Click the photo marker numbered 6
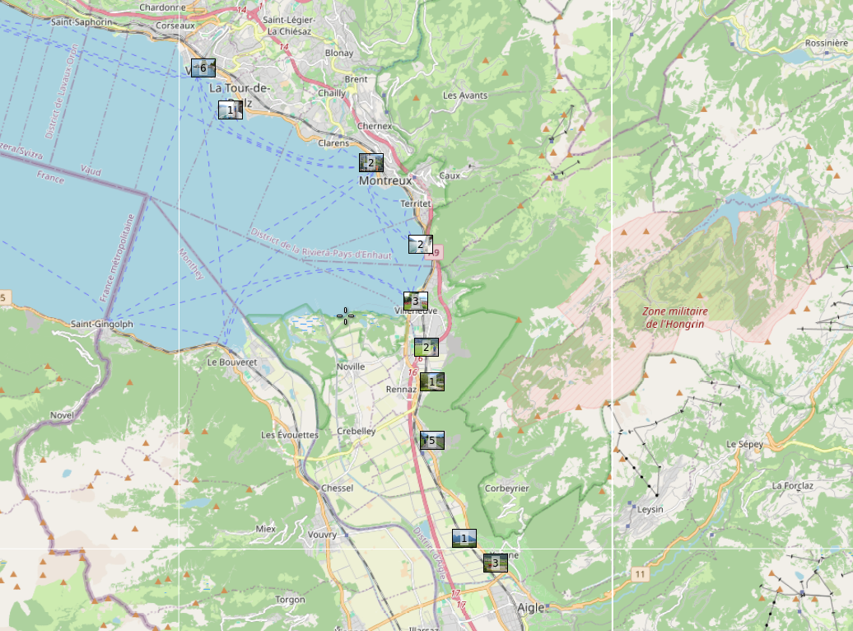[x=203, y=68]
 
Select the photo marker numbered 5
[x=431, y=441]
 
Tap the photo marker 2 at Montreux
[x=371, y=162]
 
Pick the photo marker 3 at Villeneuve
[x=415, y=301]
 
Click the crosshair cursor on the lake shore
[x=346, y=315]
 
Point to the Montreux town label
[x=385, y=180]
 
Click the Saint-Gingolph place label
[x=102, y=324]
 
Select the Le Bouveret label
[x=232, y=362]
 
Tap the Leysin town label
[x=650, y=509]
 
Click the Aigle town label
[x=531, y=608]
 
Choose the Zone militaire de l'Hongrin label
[x=675, y=317]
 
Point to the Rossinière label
[x=826, y=43]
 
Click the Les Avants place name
[x=465, y=96]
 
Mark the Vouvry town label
[x=322, y=535]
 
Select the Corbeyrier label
[x=506, y=488]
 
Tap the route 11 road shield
[x=640, y=573]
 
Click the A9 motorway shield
[x=434, y=253]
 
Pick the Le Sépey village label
[x=744, y=444]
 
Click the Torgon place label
[x=290, y=600]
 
